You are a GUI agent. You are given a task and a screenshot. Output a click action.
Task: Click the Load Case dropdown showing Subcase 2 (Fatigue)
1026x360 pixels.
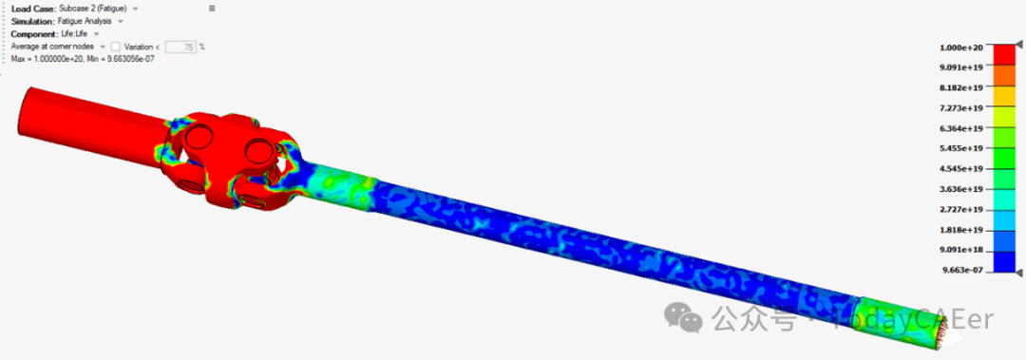click(x=98, y=9)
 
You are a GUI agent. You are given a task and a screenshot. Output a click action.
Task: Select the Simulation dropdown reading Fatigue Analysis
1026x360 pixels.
click(x=90, y=21)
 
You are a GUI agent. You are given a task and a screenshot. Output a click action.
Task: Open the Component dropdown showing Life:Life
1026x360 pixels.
click(x=80, y=33)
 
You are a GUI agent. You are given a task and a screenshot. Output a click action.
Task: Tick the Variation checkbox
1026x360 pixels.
click(x=116, y=47)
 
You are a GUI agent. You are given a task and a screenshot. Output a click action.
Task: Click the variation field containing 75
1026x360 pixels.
click(x=181, y=47)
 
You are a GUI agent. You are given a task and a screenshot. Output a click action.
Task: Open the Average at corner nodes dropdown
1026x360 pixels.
click(x=58, y=47)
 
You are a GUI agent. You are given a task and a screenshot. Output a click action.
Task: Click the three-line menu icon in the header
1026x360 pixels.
click(x=212, y=9)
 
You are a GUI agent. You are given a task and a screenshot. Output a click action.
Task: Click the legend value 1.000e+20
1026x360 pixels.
click(x=961, y=47)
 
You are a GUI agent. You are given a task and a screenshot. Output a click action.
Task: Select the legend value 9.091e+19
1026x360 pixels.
click(x=961, y=67)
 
